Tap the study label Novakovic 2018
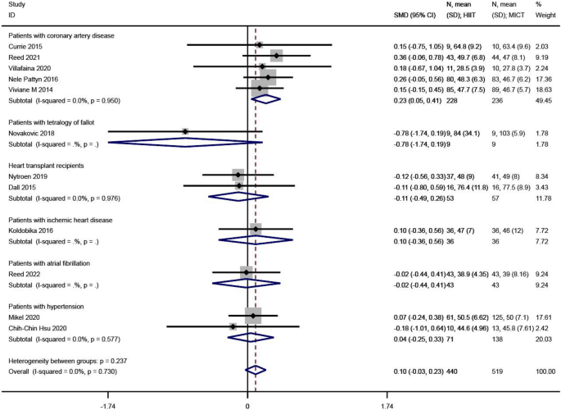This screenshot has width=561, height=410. (x=31, y=131)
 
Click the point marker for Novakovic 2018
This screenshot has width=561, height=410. (x=185, y=131)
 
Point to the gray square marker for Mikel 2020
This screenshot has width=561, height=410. (x=253, y=315)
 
